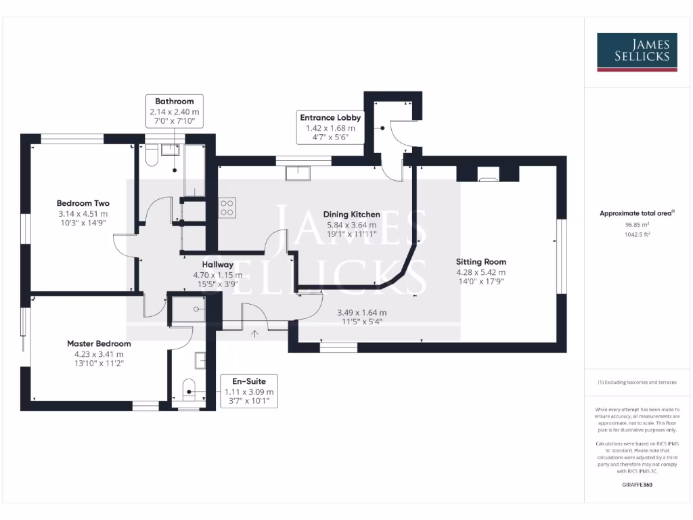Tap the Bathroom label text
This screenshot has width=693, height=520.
coord(175,102)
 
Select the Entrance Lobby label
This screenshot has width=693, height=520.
coord(330,117)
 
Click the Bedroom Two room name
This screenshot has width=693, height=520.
coord(83,203)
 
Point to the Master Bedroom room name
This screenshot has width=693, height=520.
coord(99,343)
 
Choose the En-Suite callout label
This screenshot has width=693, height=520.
coord(249,381)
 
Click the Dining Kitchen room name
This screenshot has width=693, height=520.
coord(351,215)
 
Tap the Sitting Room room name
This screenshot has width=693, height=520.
coord(480,261)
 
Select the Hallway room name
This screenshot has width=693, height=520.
coord(217,265)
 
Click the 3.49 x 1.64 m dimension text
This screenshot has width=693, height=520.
coord(362,313)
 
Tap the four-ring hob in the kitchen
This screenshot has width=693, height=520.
coord(227,208)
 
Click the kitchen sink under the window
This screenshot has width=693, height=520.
coord(298,174)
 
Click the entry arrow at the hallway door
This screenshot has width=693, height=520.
coord(254,333)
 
